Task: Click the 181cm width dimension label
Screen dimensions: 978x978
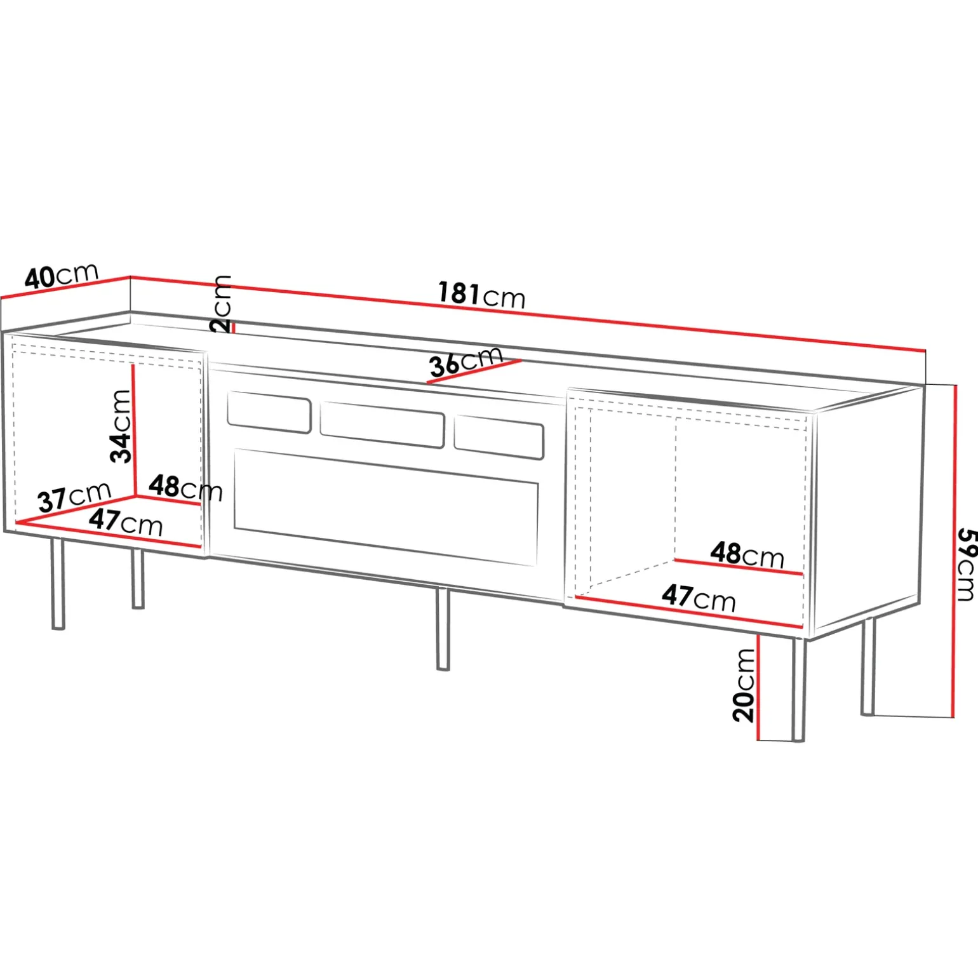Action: pyautogui.click(x=482, y=295)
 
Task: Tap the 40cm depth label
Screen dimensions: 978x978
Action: pyautogui.click(x=62, y=276)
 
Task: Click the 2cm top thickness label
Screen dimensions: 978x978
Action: pyautogui.click(x=221, y=304)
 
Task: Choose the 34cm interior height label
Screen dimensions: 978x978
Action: pyautogui.click(x=121, y=426)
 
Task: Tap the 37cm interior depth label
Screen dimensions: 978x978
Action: pyautogui.click(x=74, y=497)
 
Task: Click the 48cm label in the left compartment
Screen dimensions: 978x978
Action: pyautogui.click(x=185, y=488)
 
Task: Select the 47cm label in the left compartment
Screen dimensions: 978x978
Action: pyautogui.click(x=126, y=522)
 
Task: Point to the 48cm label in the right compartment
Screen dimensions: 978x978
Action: pyautogui.click(x=747, y=554)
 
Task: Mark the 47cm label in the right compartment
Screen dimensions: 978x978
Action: pyautogui.click(x=699, y=598)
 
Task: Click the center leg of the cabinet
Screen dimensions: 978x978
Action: pyautogui.click(x=443, y=629)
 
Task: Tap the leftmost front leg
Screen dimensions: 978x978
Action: pyautogui.click(x=58, y=584)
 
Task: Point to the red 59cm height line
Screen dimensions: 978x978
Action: pyautogui.click(x=955, y=551)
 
